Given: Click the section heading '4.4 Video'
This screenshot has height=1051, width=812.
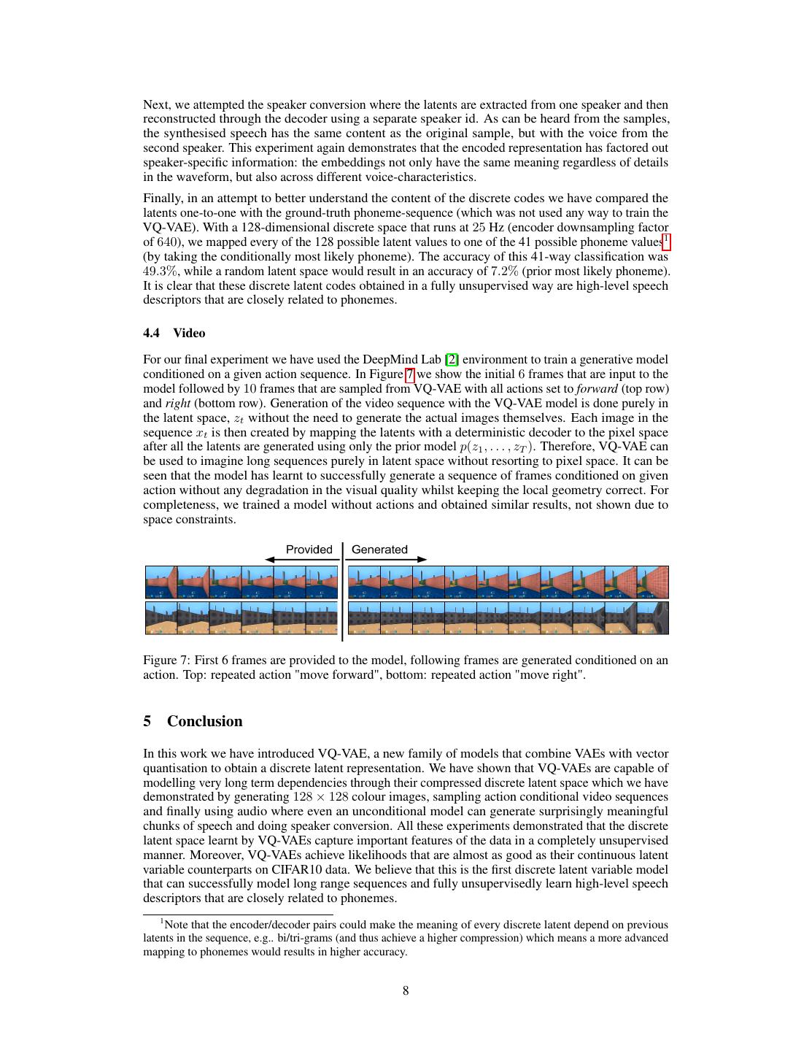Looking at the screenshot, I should (x=174, y=333).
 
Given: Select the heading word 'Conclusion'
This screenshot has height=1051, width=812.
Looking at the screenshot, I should (x=204, y=721).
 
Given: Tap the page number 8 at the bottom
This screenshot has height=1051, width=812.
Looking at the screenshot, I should (x=406, y=990).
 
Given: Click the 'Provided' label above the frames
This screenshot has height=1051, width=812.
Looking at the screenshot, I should (x=309, y=550).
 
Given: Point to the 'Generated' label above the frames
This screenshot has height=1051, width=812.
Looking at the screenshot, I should (x=379, y=550).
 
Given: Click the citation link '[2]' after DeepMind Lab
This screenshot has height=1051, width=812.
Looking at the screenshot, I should (x=452, y=359).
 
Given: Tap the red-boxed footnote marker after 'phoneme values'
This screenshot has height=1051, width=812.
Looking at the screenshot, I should (x=666, y=240).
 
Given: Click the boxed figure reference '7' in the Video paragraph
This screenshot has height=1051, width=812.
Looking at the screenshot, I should (x=410, y=374).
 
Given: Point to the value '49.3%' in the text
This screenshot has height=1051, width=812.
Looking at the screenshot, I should (x=158, y=271).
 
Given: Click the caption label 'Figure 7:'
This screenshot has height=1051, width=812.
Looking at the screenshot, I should (x=166, y=660).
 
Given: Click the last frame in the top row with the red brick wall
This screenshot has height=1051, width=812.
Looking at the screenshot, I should (x=653, y=582).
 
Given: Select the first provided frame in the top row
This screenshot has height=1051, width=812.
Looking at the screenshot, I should (x=161, y=582).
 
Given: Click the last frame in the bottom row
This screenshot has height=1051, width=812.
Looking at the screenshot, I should (x=653, y=617).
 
